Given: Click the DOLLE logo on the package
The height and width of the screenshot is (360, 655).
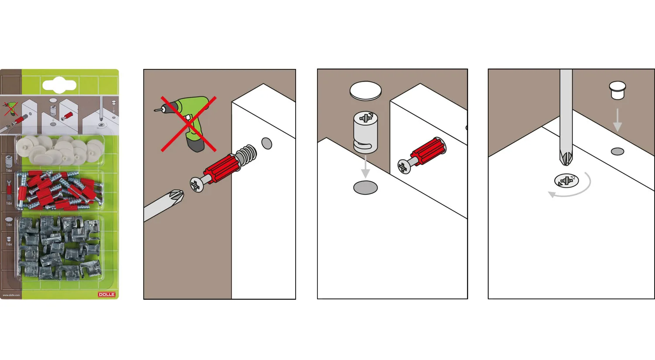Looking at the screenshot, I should pos(107,295).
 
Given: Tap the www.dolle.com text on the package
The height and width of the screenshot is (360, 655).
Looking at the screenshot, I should pos(11,295).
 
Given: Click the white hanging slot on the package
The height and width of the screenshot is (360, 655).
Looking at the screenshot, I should pos(59,86).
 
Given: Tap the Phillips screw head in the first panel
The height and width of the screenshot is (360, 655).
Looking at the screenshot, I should pos(196,184).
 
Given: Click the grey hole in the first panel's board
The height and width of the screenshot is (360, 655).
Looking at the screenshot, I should pos(267,143).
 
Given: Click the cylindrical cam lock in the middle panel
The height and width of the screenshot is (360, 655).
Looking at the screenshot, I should pos(365,132).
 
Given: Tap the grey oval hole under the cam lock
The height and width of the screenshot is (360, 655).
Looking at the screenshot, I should pos(365,188).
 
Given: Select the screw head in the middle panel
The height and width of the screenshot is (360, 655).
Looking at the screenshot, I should pos(404,166).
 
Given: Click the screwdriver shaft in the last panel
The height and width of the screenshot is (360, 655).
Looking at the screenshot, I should pos(566,109).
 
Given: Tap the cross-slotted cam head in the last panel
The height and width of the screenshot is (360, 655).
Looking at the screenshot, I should pos(566,180).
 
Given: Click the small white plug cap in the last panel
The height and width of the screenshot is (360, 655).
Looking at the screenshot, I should pos(617,90).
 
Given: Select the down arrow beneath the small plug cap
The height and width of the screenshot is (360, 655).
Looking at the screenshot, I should pos(617,120).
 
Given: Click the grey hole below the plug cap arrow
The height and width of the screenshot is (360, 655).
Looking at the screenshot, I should pos(617,151).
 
